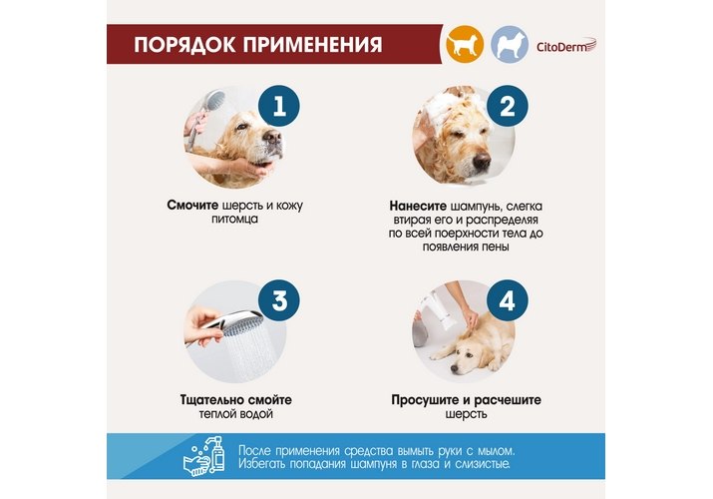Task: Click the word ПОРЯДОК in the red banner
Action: [184, 45]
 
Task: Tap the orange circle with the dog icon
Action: [465, 44]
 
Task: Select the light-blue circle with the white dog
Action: [510, 44]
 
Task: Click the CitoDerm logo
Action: [566, 46]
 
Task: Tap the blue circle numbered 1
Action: [279, 106]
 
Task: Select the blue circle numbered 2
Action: [507, 106]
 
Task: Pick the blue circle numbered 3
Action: [279, 300]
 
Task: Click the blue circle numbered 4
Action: [507, 300]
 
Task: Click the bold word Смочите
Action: [192, 206]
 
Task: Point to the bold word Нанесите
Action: [418, 206]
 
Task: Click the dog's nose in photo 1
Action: [273, 137]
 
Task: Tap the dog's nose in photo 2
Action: [482, 160]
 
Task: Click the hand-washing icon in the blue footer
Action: [204, 456]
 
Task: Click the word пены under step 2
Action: [496, 247]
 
